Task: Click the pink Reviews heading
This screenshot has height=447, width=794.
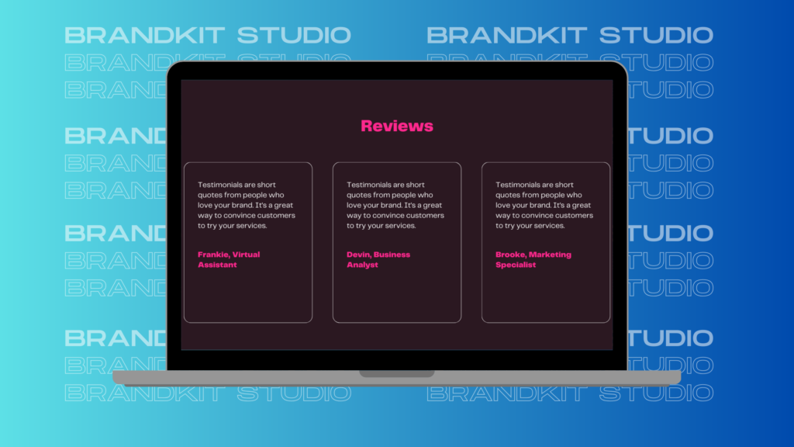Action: tap(397, 126)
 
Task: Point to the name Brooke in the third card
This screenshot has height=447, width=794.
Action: tap(511, 255)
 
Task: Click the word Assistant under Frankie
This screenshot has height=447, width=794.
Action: tap(217, 265)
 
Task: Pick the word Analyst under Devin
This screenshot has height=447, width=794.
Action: tap(362, 265)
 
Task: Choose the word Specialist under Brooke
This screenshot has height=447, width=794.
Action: tap(516, 265)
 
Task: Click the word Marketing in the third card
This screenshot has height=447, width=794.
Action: tap(550, 255)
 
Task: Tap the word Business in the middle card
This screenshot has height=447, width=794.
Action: tap(392, 255)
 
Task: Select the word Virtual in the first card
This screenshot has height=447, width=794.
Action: tap(246, 255)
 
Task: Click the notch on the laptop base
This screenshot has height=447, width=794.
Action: tap(397, 373)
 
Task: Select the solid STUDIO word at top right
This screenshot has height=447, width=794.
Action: tap(656, 36)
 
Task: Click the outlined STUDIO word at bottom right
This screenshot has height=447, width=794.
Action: tap(656, 393)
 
